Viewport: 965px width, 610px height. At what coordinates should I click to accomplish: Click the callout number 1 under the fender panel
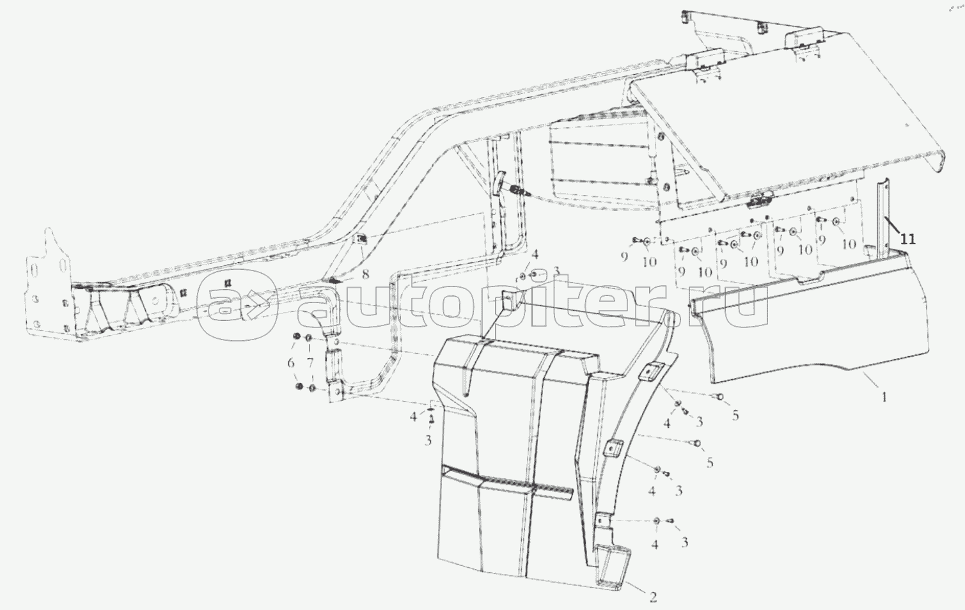[884, 397]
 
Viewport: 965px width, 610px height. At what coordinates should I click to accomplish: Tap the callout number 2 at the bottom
[653, 597]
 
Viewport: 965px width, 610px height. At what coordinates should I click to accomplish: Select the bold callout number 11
[907, 239]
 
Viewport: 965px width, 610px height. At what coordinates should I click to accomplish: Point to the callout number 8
[365, 274]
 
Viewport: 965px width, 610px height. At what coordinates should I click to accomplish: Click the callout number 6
[291, 363]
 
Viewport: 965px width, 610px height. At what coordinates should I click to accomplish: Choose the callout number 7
[310, 363]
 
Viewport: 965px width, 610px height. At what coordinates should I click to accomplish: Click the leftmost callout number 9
[624, 257]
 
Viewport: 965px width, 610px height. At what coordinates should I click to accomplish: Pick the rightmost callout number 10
[849, 244]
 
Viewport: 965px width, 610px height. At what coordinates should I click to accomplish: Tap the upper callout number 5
[735, 415]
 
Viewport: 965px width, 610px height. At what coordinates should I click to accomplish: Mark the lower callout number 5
[710, 463]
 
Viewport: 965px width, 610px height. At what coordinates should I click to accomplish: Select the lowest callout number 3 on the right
[684, 542]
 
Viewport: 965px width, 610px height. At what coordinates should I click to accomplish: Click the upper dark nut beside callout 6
[296, 336]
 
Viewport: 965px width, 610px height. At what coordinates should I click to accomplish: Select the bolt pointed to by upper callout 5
[719, 396]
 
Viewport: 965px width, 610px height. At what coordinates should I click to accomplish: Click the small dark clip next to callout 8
[333, 280]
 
